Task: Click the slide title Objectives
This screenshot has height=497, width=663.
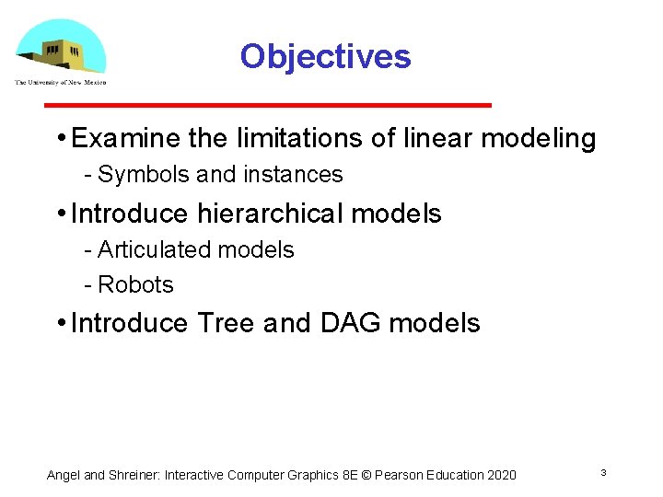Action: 325,57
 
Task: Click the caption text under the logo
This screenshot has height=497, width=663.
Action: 60,83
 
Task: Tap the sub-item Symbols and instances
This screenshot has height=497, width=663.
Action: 219,174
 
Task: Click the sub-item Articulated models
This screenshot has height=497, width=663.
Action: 195,249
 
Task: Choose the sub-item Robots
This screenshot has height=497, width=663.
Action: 135,284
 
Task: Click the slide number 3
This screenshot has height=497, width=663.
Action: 602,472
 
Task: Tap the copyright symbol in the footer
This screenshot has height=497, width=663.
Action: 367,475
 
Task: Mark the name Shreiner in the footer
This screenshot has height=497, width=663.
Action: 134,475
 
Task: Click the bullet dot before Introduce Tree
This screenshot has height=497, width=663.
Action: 59,323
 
